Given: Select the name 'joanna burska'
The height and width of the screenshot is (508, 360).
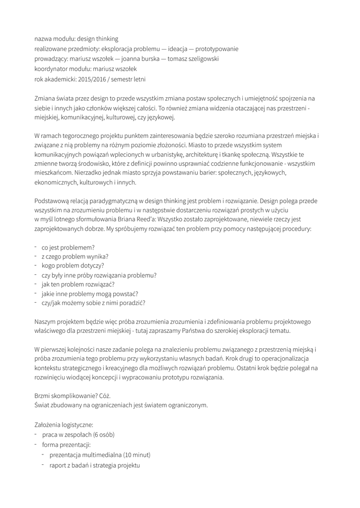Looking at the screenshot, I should (x=133, y=59).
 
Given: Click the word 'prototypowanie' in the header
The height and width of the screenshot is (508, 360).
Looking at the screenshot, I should (x=217, y=49).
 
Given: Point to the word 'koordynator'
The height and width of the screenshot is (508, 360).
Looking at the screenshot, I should (x=51, y=69).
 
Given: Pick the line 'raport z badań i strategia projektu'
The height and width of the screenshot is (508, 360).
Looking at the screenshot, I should (x=95, y=465).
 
